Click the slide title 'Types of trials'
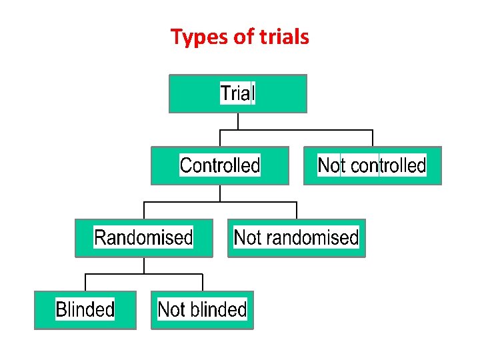click(x=240, y=37)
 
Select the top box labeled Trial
click(x=238, y=93)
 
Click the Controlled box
click(x=220, y=165)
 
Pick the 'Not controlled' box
click(x=372, y=165)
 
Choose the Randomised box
click(x=143, y=237)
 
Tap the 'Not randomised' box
click(x=296, y=237)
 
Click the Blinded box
click(x=85, y=309)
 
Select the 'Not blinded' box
click(x=202, y=309)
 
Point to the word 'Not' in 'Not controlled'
click(x=331, y=165)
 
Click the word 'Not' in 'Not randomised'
click(x=247, y=237)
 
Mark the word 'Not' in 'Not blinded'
click(x=171, y=309)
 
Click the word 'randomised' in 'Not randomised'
click(x=313, y=237)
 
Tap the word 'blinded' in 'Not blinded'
click(x=219, y=309)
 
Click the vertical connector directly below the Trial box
click(x=238, y=121)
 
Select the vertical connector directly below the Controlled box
click(x=220, y=193)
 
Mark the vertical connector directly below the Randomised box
click(x=143, y=265)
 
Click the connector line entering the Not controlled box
click(x=372, y=138)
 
